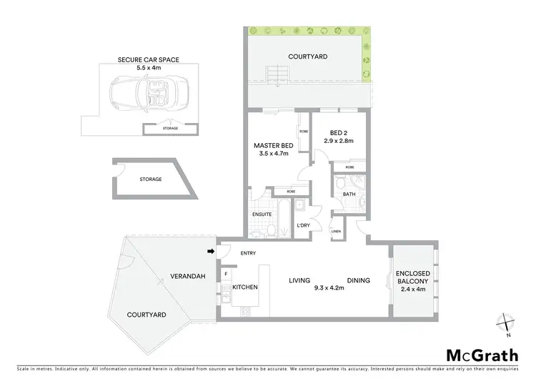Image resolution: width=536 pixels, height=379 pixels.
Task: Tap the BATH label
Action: click(349, 194)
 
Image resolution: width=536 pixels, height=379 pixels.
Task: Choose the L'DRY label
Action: click(302, 226)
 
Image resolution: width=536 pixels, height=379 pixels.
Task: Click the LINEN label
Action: click(336, 232)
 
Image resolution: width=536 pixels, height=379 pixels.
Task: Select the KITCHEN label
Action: click(245, 287)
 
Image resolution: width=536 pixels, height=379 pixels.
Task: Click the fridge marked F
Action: click(226, 273)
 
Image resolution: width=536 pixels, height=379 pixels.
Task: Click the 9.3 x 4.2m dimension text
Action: click(329, 288)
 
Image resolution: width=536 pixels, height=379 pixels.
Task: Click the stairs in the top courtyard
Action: click(277, 74)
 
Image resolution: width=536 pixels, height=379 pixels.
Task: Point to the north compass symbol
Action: click(506, 323)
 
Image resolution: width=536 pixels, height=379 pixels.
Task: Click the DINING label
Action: click(359, 280)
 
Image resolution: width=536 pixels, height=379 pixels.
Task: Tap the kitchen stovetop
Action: click(246, 311)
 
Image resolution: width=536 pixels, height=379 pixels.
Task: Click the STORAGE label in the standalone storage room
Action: click(151, 179)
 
